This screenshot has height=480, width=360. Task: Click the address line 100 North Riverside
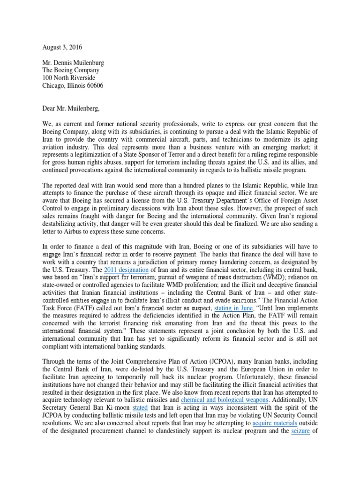69,78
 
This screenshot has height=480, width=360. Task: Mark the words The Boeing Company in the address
70,71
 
